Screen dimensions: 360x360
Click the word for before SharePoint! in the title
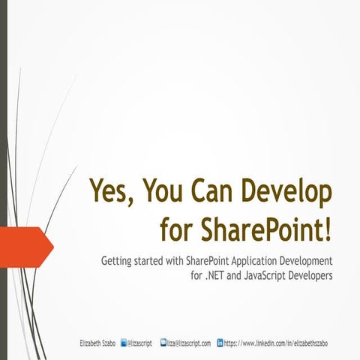[175, 227]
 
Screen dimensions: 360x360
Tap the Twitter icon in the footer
[124, 343]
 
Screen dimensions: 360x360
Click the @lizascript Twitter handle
[140, 343]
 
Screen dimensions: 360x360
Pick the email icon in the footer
[163, 343]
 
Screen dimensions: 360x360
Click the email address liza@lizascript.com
[189, 343]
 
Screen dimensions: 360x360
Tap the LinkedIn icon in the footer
[220, 343]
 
